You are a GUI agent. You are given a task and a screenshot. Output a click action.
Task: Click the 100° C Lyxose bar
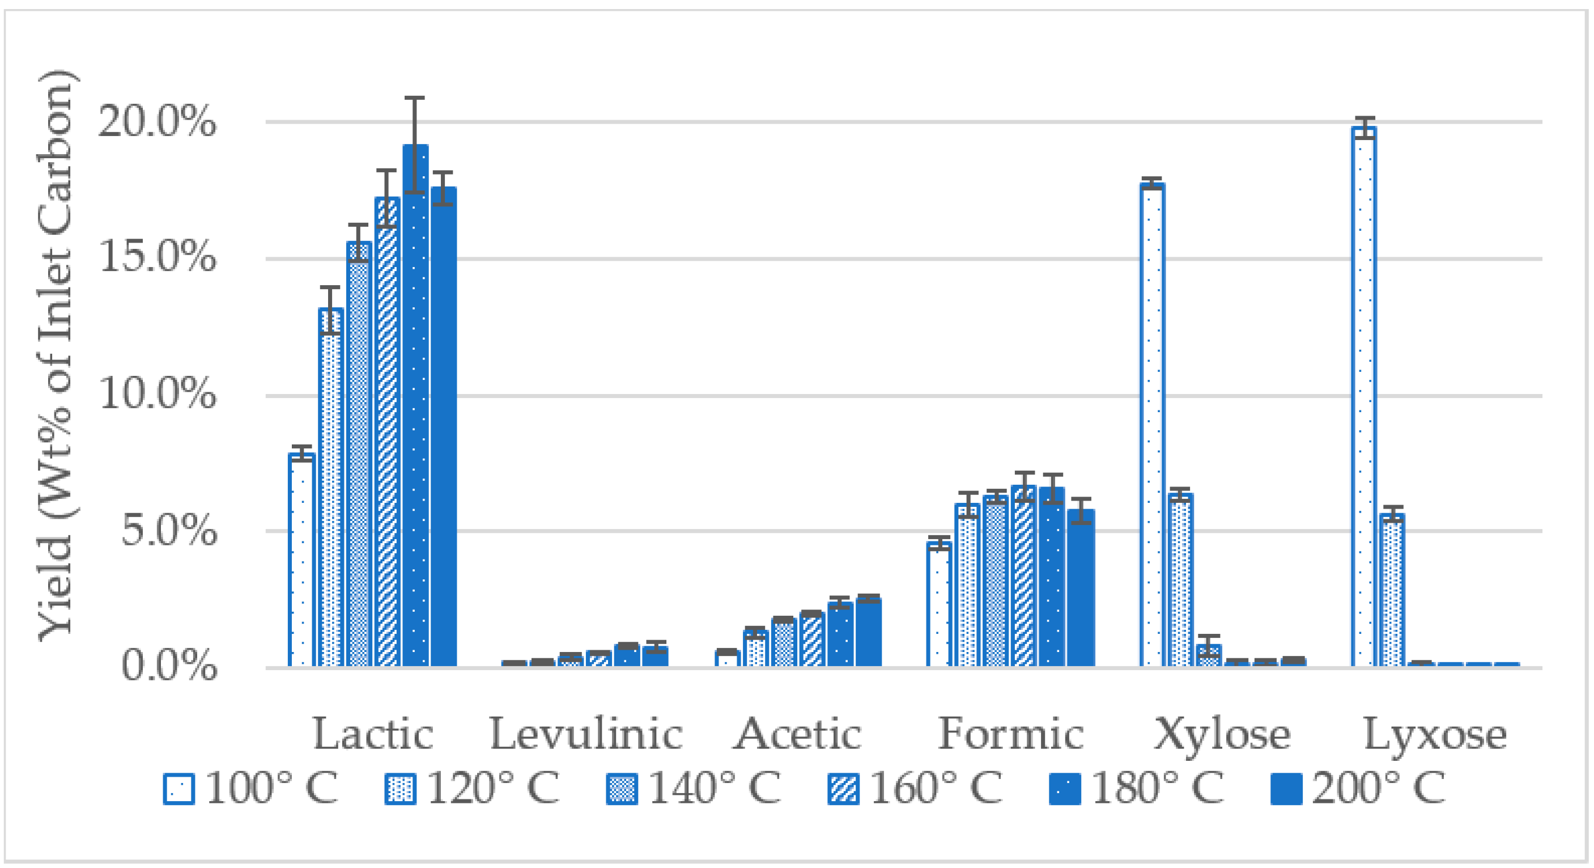tap(1364, 396)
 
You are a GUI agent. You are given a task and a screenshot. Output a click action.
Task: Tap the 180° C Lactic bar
tap(415, 405)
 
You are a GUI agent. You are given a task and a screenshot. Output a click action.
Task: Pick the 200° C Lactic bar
tap(444, 427)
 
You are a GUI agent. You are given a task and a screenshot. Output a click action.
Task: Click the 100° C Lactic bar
tap(301, 560)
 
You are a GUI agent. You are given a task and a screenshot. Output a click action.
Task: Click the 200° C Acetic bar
tap(869, 633)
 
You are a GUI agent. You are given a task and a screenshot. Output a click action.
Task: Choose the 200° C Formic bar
tap(1081, 588)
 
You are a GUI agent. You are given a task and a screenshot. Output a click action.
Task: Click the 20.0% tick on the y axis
tap(157, 121)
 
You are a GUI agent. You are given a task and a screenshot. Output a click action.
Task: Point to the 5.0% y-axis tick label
tap(168, 531)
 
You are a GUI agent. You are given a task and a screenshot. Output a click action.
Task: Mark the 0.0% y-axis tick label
tap(168, 667)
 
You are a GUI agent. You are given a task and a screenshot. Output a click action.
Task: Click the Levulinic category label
tap(585, 734)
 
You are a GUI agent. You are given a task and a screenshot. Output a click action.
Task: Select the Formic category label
tap(1010, 734)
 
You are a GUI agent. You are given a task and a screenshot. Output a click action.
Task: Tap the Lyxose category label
tap(1435, 734)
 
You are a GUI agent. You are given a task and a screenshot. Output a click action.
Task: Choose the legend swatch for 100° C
tap(179, 789)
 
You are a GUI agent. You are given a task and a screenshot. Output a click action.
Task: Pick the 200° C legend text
tap(1379, 789)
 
